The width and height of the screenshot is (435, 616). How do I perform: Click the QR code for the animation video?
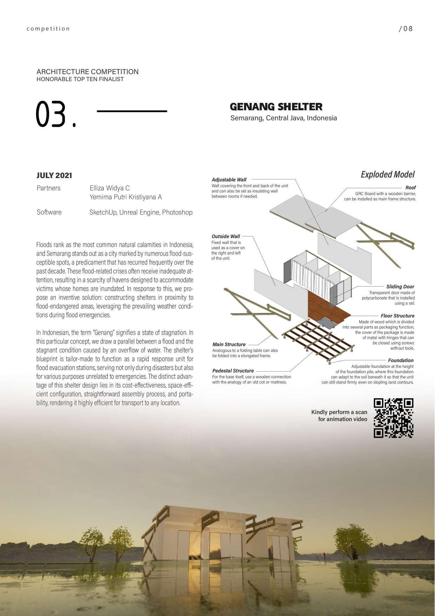click(x=394, y=418)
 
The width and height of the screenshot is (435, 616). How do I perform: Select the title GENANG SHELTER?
click(x=276, y=107)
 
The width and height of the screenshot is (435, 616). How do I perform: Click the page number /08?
click(x=406, y=29)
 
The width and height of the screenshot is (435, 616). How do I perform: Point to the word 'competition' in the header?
click(x=48, y=29)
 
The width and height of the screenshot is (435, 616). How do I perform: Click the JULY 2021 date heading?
click(x=54, y=176)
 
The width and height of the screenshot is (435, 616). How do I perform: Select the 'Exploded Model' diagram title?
click(x=388, y=175)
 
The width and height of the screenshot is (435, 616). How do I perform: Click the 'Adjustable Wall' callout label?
click(x=229, y=180)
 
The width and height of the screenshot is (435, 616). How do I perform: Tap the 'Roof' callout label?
click(x=410, y=188)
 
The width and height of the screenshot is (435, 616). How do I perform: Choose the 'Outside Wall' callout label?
click(x=226, y=236)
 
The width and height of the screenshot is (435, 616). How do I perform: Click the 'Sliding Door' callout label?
click(x=400, y=287)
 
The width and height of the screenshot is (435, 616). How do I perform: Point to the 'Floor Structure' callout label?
click(x=397, y=316)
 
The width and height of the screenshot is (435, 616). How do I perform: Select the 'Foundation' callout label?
click(x=401, y=360)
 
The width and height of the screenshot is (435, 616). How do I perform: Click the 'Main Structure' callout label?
click(x=229, y=345)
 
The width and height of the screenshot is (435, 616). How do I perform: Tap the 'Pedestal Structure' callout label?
click(x=233, y=371)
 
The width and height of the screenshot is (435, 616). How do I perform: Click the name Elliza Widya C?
click(x=110, y=188)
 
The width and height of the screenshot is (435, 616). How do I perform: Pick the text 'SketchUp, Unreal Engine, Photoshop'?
click(x=141, y=212)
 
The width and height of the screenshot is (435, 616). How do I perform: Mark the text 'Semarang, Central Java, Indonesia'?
click(x=283, y=118)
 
